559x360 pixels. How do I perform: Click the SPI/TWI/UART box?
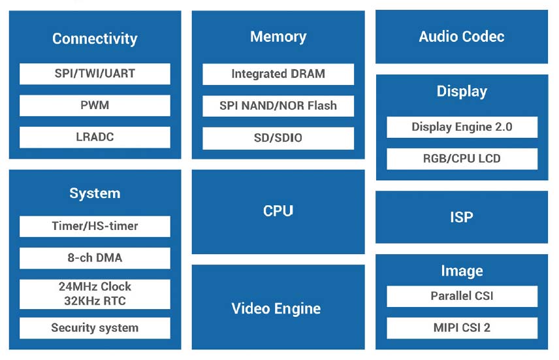pos(95,73)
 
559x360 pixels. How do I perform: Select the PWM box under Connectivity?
pos(95,105)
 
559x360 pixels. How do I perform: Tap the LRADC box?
pos(95,137)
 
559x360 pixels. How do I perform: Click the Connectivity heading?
pos(95,39)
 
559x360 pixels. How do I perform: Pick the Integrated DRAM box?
pos(278,74)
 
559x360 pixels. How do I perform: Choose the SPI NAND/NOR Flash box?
pos(278,106)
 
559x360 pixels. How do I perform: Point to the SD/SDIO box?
pos(278,138)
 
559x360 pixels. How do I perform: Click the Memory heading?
pos(278,37)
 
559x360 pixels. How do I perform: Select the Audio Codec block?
pos(462,37)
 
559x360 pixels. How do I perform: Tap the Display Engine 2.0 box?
pos(462,127)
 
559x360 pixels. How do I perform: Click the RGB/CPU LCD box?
pos(462,159)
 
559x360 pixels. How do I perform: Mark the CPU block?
pos(278,211)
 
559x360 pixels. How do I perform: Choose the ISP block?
pos(462,217)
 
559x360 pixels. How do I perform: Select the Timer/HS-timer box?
pos(95,226)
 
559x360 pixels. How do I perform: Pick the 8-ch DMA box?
pos(95,258)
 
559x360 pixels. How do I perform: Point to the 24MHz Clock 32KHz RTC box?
pos(95,294)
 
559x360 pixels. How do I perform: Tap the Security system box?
pos(95,328)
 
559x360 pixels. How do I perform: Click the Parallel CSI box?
pos(462,296)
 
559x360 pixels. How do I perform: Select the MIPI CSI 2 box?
pos(462,328)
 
